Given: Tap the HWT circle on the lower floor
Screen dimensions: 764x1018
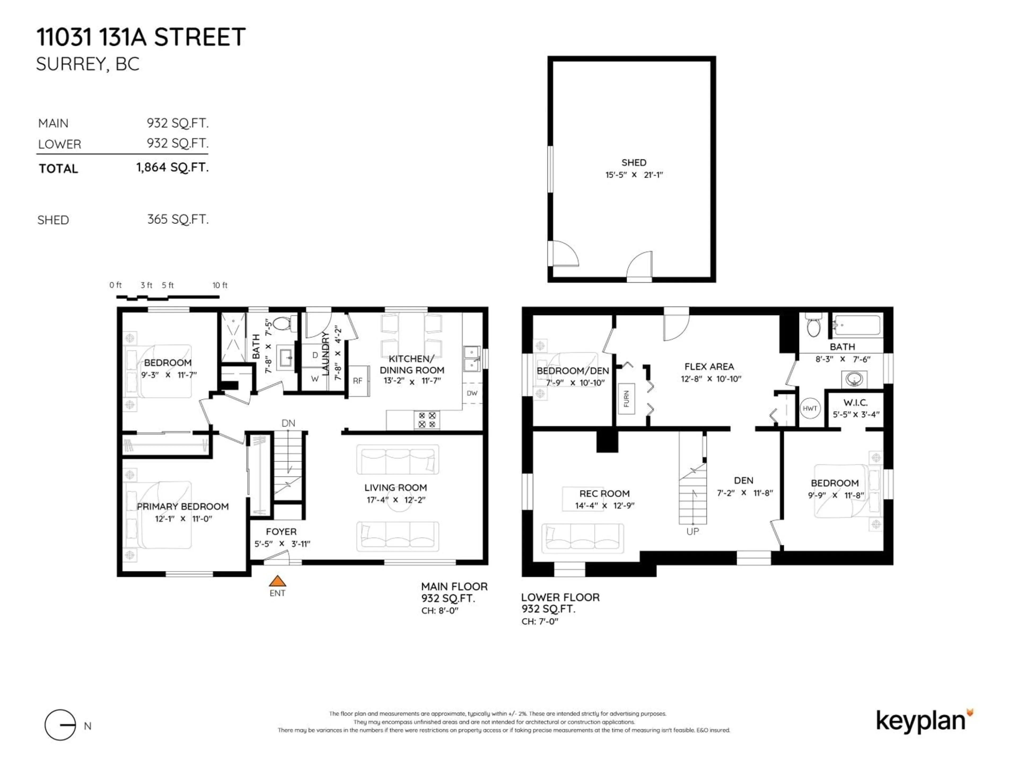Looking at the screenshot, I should [x=810, y=409].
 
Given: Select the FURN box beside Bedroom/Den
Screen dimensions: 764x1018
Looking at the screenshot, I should [x=626, y=398].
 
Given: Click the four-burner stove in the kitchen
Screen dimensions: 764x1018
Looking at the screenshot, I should [x=427, y=419].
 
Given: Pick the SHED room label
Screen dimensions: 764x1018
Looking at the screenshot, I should [x=634, y=163].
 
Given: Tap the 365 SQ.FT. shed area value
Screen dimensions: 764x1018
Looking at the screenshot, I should [x=178, y=219].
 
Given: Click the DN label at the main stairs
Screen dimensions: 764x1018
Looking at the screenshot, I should [x=288, y=423].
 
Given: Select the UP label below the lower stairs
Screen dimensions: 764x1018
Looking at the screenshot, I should [x=693, y=531].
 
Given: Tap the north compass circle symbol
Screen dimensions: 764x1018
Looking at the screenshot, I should [x=60, y=725].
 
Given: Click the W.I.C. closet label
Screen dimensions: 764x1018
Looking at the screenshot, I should [x=855, y=402].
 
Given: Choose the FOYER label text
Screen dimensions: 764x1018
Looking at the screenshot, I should [x=281, y=531].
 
